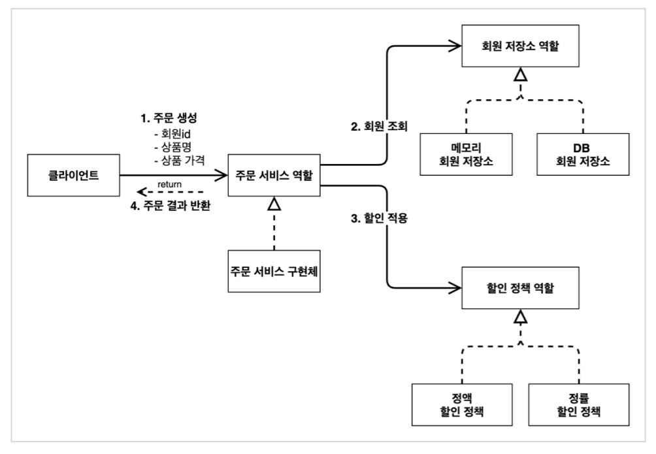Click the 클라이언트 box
point(74,175)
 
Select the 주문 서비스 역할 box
point(274,175)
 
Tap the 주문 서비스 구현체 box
point(274,271)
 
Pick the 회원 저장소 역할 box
point(521,46)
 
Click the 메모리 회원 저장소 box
point(466,154)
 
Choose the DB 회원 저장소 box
point(583,154)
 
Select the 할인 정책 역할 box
point(521,288)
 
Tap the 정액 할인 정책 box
point(462,404)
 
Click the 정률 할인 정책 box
point(579,404)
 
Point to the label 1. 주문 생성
point(169,118)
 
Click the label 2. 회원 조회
point(379,126)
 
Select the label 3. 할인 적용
point(379,218)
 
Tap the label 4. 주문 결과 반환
point(171,206)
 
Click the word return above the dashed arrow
point(169,184)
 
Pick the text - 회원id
point(172,134)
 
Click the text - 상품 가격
point(180,160)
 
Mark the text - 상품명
point(172,147)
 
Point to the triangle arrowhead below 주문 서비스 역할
point(274,204)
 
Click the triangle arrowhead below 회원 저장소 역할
point(521,74)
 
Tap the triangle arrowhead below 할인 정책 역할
point(521,317)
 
